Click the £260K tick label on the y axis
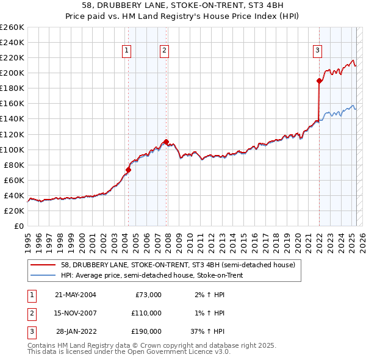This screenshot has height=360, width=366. (12, 27)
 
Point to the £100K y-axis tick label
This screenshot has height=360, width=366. (12, 149)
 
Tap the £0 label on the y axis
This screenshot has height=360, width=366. (20, 226)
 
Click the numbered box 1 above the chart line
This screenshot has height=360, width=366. (127, 51)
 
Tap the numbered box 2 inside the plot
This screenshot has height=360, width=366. (165, 51)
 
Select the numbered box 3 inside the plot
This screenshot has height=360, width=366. (318, 51)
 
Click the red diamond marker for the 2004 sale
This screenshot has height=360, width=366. (129, 170)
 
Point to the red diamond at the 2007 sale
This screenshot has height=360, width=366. (166, 142)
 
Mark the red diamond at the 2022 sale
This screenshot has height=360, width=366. (319, 81)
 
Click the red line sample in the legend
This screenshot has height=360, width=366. (43, 265)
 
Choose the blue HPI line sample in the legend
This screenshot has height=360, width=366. (43, 275)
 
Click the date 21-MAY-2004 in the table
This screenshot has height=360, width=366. (76, 295)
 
